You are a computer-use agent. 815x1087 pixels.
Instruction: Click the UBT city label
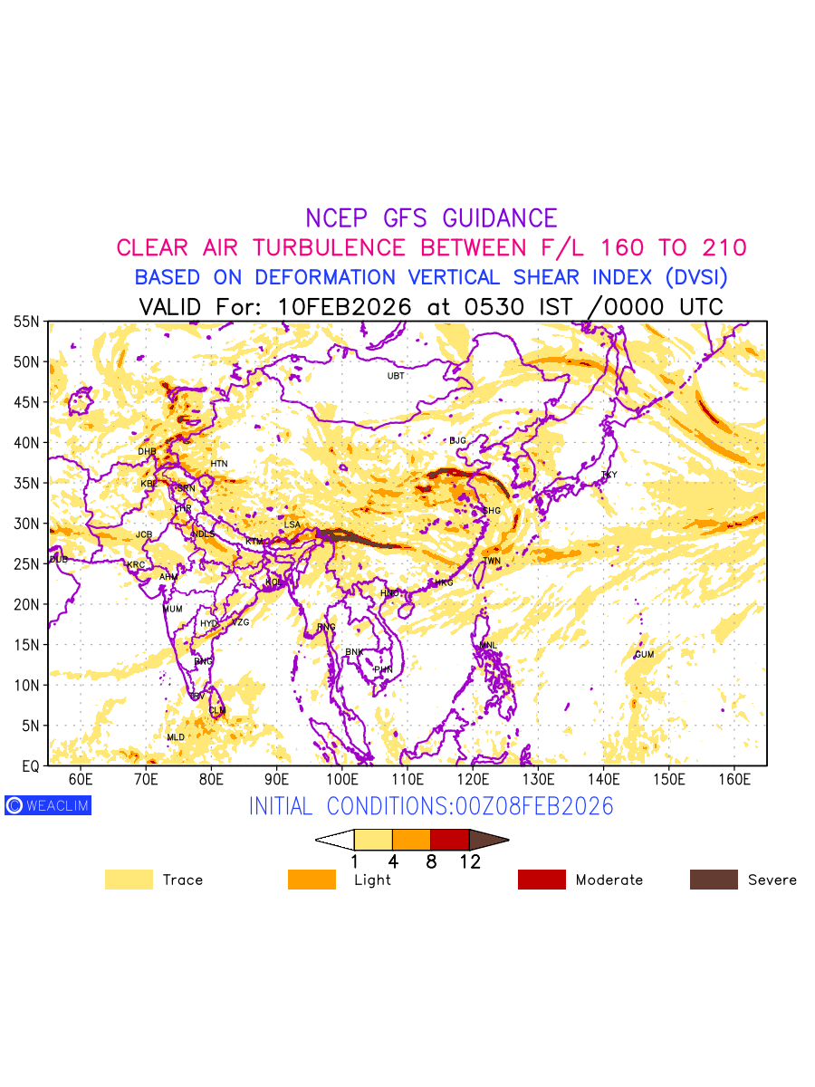396,376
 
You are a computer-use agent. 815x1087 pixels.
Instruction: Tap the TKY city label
609,475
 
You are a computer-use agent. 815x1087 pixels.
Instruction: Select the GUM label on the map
644,655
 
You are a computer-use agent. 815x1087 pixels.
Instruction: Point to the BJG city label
457,441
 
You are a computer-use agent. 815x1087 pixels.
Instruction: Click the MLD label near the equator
176,737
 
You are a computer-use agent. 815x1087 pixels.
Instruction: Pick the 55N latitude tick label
26,322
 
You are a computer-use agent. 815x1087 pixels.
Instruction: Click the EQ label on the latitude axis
31,766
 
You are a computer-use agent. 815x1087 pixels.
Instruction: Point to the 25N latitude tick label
26,564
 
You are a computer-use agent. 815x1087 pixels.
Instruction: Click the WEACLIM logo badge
48,805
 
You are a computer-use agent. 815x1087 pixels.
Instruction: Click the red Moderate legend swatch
542,880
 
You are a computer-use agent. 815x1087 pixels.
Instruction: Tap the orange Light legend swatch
312,880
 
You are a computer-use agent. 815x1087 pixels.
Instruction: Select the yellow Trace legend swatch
129,880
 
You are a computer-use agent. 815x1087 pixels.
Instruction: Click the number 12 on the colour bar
470,862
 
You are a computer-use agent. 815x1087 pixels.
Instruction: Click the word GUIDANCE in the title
499,218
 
